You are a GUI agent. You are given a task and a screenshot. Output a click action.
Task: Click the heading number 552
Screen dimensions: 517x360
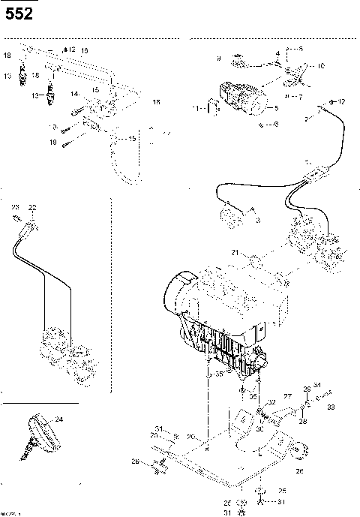(19, 14)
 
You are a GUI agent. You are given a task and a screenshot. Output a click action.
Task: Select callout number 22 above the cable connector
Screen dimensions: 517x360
(32, 206)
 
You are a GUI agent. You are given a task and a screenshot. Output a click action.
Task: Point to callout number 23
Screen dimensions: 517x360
(15, 206)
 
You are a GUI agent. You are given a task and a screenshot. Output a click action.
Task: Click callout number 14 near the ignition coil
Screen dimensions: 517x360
(74, 94)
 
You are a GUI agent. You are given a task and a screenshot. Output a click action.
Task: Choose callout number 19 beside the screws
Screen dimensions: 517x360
(53, 141)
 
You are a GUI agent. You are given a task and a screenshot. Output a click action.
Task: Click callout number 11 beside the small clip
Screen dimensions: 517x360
(197, 110)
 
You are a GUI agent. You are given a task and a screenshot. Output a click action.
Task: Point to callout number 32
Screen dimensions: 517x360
(271, 403)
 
